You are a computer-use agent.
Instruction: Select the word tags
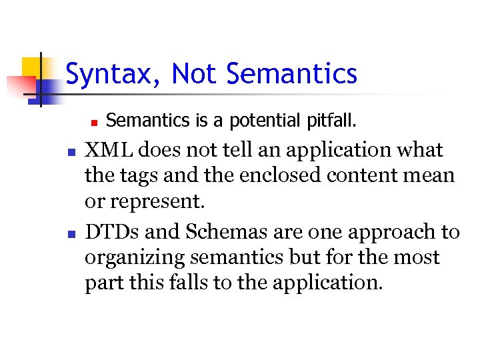(x=137, y=176)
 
